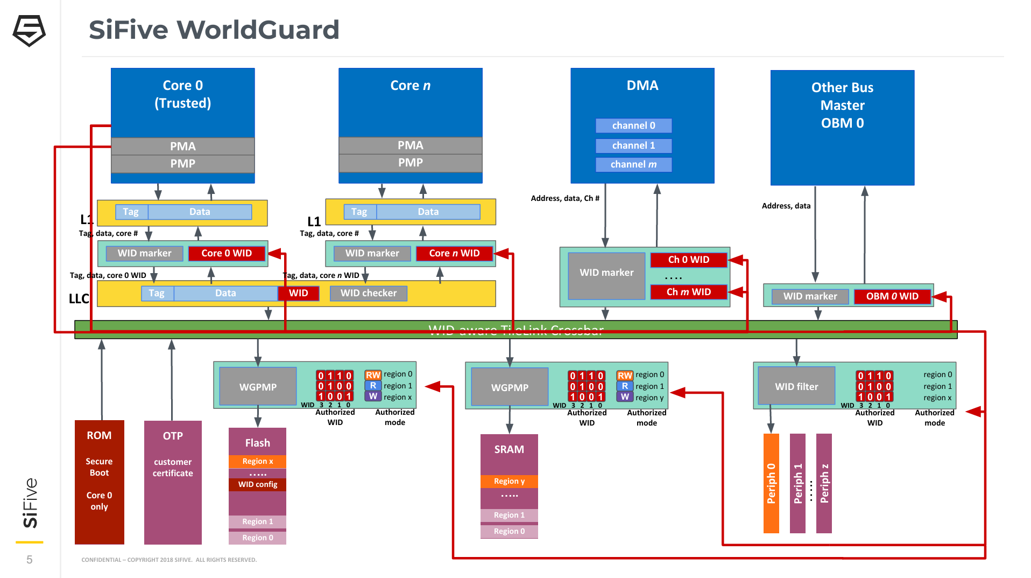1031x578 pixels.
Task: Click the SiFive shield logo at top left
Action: pyautogui.click(x=29, y=31)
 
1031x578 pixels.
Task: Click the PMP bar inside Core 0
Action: pyautogui.click(x=182, y=164)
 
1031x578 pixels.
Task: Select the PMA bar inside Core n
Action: pyautogui.click(x=410, y=145)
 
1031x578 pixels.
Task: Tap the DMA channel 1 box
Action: pyautogui.click(x=633, y=145)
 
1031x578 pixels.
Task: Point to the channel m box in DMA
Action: pyautogui.click(x=633, y=164)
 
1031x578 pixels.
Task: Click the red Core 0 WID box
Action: pyautogui.click(x=227, y=253)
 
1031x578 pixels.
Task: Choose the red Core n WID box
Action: pyautogui.click(x=454, y=253)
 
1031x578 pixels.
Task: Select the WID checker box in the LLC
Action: pyautogui.click(x=368, y=293)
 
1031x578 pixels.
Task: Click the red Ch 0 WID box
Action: pyautogui.click(x=688, y=260)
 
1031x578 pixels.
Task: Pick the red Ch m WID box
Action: pyautogui.click(x=688, y=292)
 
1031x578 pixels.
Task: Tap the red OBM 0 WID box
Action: pyautogui.click(x=892, y=296)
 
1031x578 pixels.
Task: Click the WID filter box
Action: pyautogui.click(x=796, y=386)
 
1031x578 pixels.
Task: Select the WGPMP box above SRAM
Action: pyautogui.click(x=509, y=387)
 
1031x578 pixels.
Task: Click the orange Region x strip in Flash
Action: pyautogui.click(x=257, y=461)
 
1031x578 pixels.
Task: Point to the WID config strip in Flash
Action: pyautogui.click(x=257, y=484)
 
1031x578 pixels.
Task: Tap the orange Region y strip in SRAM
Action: pyautogui.click(x=509, y=481)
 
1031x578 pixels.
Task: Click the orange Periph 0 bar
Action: pyautogui.click(x=771, y=483)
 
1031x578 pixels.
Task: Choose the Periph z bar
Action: pyautogui.click(x=823, y=483)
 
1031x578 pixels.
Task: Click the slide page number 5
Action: pyautogui.click(x=30, y=560)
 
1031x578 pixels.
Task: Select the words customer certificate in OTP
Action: pyautogui.click(x=173, y=468)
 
